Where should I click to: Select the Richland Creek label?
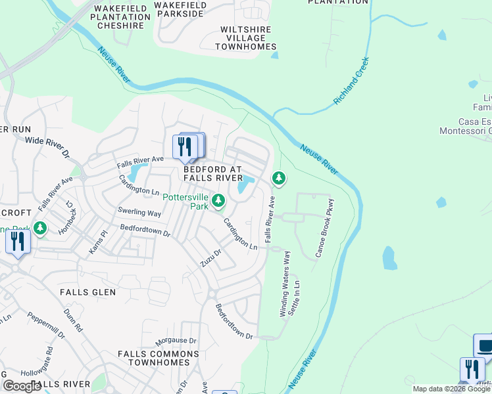[x=352, y=81]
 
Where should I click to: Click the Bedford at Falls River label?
[x=213, y=173]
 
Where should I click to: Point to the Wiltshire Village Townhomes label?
[x=248, y=38]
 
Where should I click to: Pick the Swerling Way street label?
[x=139, y=213]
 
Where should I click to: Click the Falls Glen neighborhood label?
[x=87, y=292]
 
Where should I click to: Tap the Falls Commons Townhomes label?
[x=158, y=358]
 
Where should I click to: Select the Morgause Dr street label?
[x=176, y=341]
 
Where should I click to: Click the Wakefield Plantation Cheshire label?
[x=120, y=16]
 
